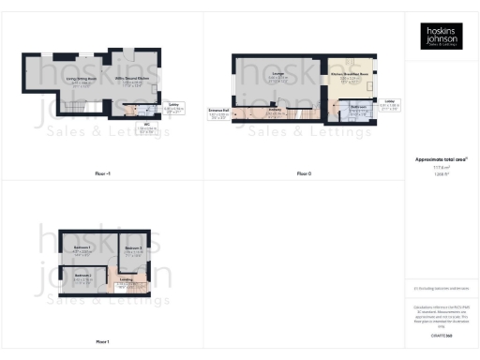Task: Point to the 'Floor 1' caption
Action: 102,341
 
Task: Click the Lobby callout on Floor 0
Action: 389,102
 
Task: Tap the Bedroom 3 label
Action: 82,277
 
